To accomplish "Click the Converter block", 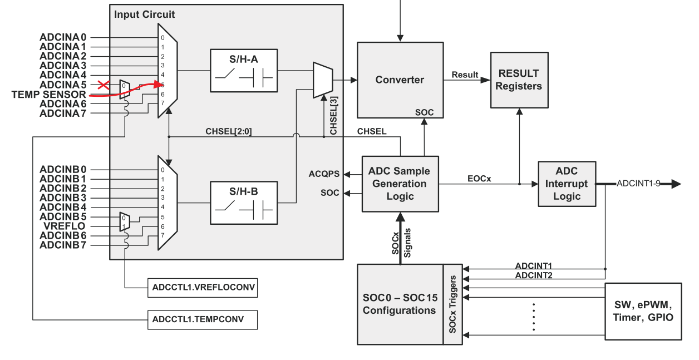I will (400, 80).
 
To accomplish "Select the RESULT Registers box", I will (519, 80).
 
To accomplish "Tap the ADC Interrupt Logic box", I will (567, 184).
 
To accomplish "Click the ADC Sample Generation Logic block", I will (400, 184).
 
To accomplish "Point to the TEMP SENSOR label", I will (49, 95).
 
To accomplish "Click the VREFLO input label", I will (65, 226).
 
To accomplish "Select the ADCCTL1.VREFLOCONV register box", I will (203, 288).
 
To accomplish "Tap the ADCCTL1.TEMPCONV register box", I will (203, 320).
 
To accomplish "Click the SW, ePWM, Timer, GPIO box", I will (643, 312).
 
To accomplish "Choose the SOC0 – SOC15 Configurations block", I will (400, 304).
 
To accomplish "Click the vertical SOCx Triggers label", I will (453, 304).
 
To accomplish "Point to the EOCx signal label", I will (479, 179).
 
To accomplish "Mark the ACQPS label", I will (324, 174).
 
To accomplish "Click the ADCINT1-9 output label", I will (638, 184).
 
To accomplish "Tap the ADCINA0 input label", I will (63, 37).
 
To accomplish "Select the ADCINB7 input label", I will (63, 245).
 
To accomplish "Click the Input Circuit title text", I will (145, 14).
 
